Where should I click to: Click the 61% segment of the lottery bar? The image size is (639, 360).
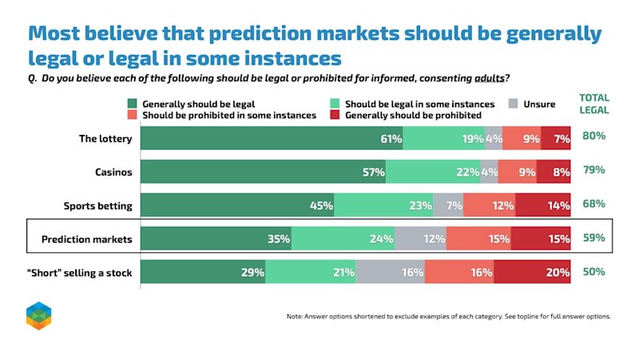272,138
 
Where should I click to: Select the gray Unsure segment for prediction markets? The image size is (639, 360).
420,238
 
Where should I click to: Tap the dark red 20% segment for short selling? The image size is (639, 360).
532,271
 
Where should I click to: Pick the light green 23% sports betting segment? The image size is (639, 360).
383,205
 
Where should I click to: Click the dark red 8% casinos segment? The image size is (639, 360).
554,172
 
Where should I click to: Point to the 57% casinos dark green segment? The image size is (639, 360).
264,172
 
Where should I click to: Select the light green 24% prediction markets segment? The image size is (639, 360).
343,238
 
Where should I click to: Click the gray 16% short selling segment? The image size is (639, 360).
391,271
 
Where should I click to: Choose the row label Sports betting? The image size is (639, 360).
97,206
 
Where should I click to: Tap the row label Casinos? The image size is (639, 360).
113,172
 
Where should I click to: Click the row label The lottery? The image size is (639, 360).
105,139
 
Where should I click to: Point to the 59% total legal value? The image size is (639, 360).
593,237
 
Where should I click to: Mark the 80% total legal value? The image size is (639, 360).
593,136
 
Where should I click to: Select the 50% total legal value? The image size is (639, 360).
593,271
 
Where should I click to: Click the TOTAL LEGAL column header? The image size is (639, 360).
594,104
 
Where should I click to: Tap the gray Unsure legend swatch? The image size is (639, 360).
514,104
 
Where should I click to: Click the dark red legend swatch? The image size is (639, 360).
335,115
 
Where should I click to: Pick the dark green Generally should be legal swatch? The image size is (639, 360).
132,104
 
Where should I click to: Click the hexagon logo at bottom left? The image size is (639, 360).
38,316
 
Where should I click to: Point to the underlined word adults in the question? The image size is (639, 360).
490,77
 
